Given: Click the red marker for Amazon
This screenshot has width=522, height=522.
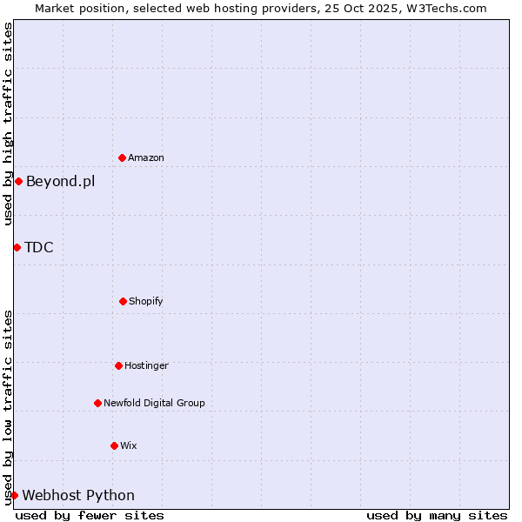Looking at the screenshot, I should coord(122,157).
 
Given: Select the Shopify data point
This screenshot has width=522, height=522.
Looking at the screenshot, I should coord(123,301).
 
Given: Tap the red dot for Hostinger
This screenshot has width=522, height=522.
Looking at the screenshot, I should coord(118,365).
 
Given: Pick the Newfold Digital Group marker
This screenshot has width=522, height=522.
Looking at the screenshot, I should coord(97,403).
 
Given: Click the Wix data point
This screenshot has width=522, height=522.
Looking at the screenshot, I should coord(114,445).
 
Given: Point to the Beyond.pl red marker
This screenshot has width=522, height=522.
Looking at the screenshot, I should coord(18,181).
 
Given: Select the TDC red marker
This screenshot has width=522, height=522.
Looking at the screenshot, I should coord(17,247).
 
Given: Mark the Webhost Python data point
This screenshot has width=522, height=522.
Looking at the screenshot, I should coord(14,495).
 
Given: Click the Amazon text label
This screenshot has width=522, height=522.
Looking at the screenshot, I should coord(146,158).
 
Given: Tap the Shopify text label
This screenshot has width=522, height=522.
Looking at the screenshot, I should coord(146,302).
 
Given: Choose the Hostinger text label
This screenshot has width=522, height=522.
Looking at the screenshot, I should coord(146,366).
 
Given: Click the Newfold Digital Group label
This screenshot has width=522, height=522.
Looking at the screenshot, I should coord(154,404).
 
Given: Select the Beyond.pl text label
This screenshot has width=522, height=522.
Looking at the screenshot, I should coord(60,182).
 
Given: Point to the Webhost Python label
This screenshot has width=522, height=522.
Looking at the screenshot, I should coord(78,496).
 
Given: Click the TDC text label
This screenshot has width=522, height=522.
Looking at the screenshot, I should coord(39,248).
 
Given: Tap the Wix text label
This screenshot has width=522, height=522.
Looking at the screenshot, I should coord(129,446).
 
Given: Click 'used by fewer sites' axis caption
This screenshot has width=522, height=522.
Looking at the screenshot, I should coord(90,515).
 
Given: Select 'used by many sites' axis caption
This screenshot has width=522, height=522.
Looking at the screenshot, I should coord(437,515).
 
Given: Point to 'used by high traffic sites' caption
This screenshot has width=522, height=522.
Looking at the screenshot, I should coord(8,124).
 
